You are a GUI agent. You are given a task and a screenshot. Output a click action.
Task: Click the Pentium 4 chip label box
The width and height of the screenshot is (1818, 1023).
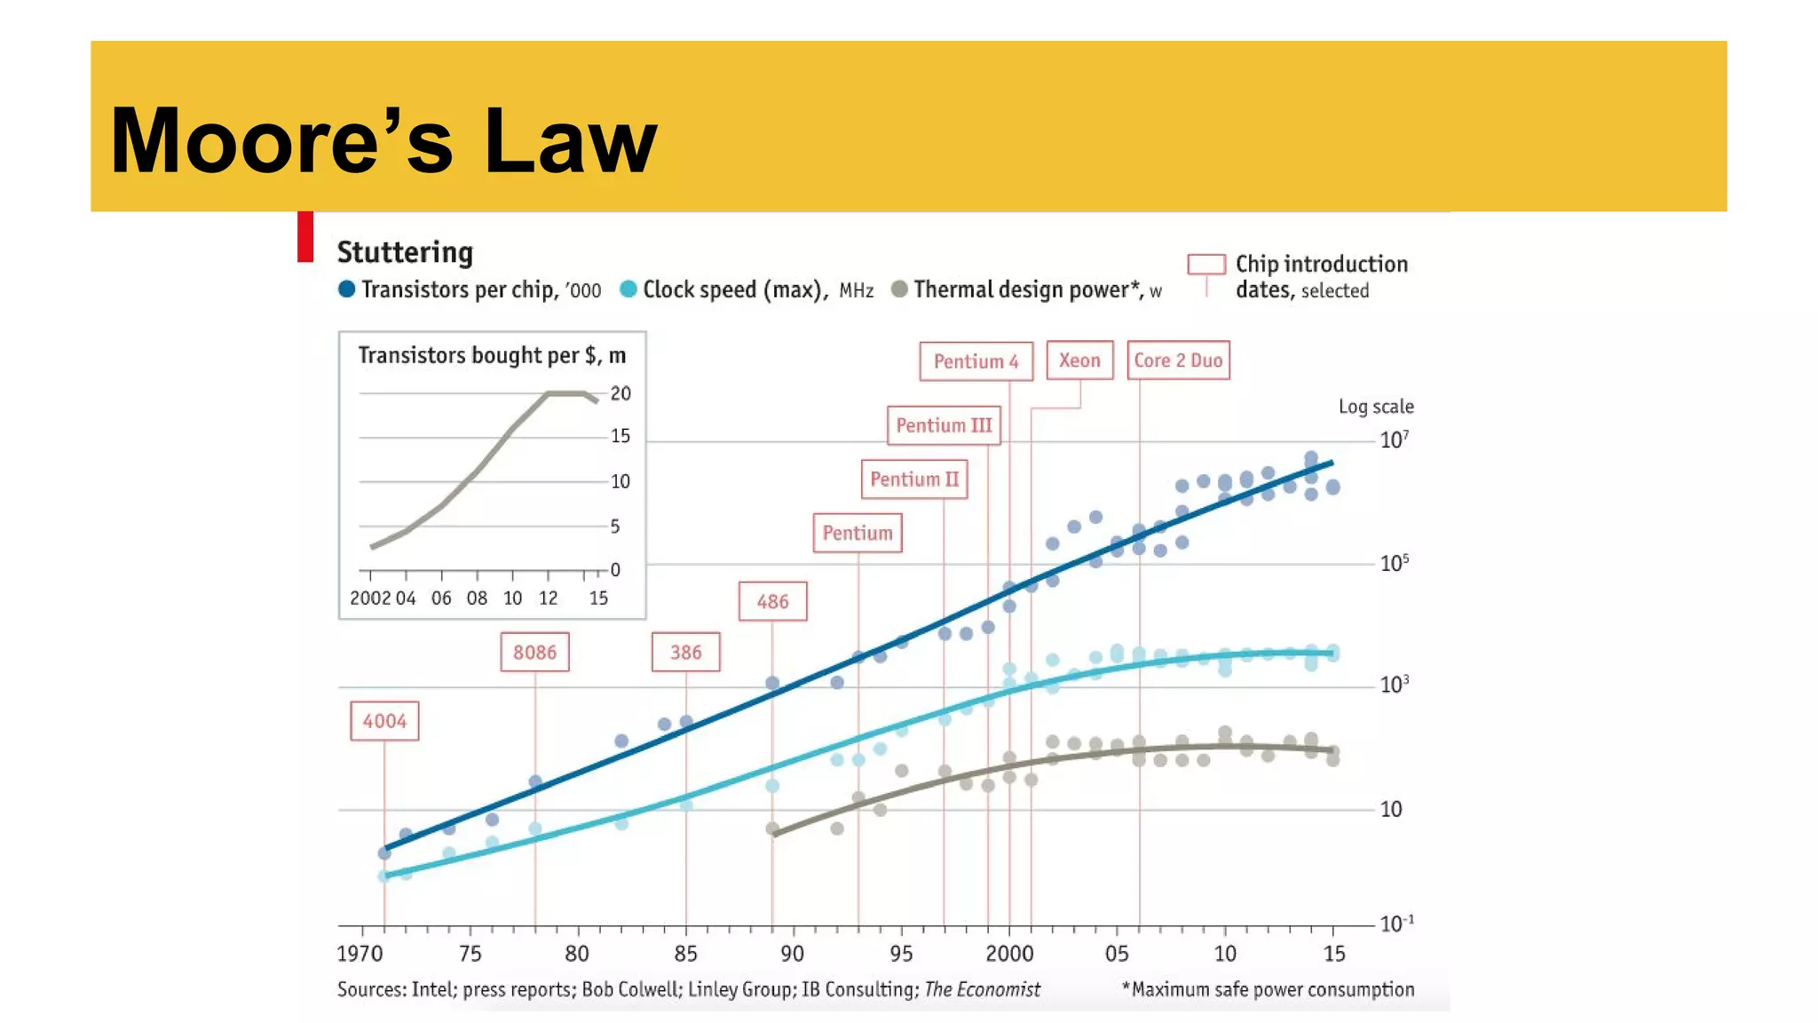pos(976,361)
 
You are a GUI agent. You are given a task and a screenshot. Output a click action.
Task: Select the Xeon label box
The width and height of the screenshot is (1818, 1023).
pos(1079,361)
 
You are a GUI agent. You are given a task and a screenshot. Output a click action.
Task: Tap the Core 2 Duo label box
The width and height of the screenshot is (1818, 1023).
pos(1178,361)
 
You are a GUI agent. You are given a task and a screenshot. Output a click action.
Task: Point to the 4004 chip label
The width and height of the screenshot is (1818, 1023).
pos(384,721)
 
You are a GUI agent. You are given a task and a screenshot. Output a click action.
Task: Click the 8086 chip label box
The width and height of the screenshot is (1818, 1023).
pos(534,653)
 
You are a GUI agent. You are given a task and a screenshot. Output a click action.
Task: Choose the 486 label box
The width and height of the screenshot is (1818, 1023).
pos(772,602)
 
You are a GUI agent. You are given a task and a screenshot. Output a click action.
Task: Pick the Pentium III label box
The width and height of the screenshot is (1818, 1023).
pos(944,425)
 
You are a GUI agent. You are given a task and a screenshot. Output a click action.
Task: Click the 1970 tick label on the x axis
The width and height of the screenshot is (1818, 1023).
pos(360,954)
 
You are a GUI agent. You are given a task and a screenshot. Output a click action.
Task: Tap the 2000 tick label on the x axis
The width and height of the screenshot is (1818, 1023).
pos(1009,954)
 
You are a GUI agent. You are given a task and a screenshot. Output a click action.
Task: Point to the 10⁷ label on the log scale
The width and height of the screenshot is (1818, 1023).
pos(1394,440)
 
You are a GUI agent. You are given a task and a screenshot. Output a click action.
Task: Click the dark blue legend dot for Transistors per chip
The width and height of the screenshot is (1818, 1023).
pos(347,289)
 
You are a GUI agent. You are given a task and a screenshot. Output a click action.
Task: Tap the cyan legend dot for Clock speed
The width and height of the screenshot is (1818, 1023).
pos(628,289)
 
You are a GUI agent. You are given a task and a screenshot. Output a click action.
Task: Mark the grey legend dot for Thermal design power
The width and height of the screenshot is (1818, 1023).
pos(899,289)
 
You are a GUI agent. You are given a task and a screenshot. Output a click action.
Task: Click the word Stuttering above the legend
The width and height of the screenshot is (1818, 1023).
pos(405,252)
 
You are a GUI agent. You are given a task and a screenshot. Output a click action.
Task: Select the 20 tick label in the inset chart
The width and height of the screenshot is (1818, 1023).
pos(620,393)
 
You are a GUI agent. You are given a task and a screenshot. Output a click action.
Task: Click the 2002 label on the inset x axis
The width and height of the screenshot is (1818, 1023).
pos(370,599)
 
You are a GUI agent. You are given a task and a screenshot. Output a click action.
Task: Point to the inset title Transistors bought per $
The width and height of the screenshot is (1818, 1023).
pos(492,355)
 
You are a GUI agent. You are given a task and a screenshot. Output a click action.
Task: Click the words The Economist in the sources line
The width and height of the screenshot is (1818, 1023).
pos(982,989)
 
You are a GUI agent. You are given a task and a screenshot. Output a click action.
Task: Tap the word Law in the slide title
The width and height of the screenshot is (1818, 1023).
pos(570,142)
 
